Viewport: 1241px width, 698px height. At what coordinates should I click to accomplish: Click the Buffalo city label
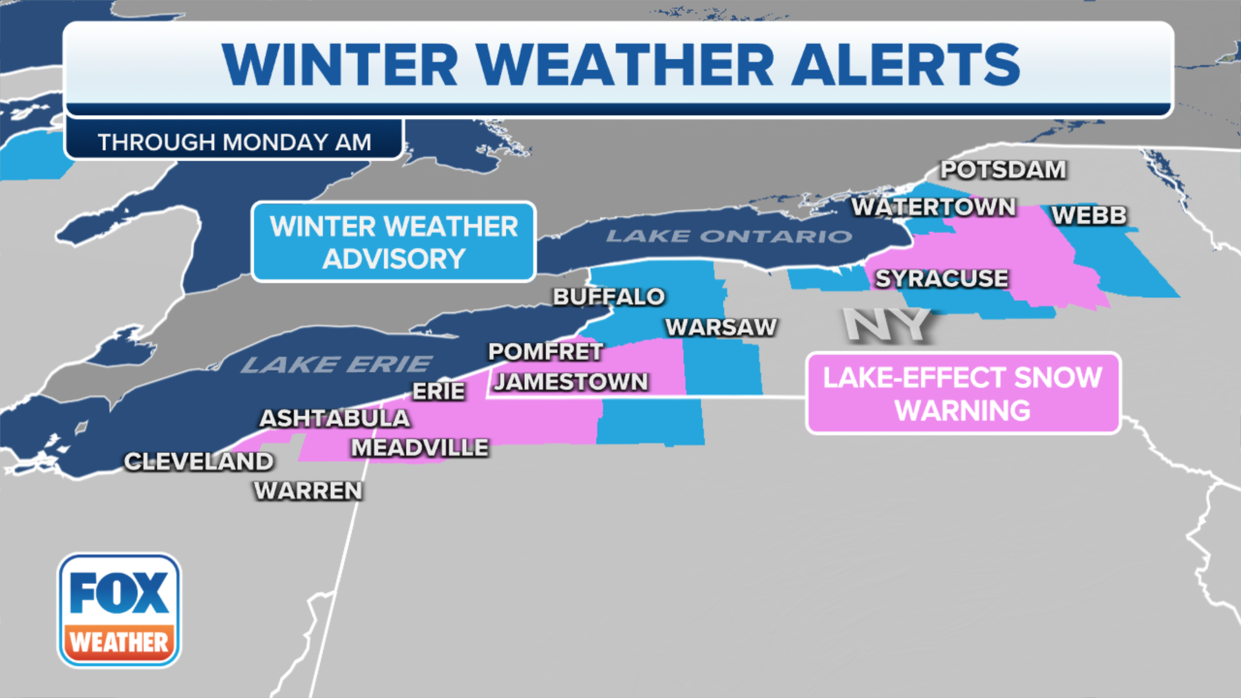click(608, 297)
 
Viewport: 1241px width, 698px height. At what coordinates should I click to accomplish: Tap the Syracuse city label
click(942, 279)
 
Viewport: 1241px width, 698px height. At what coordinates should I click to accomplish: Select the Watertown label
click(933, 207)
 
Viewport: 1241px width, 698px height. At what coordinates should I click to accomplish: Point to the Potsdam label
click(1003, 170)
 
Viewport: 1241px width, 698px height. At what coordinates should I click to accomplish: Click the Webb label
click(1089, 215)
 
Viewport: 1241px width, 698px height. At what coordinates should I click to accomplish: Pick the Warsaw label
click(721, 328)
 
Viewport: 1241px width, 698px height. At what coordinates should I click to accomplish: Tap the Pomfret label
click(546, 352)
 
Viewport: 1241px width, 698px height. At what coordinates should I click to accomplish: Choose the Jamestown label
click(571, 382)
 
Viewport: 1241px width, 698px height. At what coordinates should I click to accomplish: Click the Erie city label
click(438, 392)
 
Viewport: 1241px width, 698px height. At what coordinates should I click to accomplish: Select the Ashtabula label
click(334, 419)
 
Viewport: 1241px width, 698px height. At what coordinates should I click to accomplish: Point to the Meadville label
click(419, 448)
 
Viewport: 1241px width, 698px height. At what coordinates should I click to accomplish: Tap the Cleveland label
click(198, 461)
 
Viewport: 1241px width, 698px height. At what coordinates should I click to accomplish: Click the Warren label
click(308, 491)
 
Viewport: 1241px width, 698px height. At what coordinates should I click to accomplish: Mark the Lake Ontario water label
click(729, 237)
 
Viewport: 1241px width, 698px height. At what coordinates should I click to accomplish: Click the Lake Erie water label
click(336, 365)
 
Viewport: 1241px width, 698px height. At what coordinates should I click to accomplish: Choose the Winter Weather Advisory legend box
click(394, 242)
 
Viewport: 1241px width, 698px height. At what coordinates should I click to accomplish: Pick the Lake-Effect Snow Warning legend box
click(962, 394)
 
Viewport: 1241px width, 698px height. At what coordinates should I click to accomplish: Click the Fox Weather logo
click(120, 610)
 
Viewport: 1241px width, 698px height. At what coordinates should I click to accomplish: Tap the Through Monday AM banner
click(234, 142)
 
